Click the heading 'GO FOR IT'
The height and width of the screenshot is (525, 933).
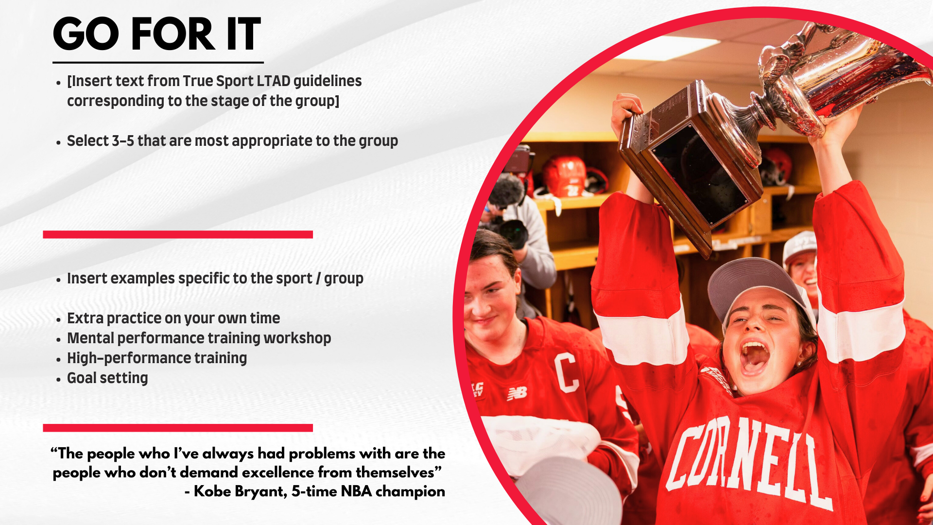pyautogui.click(x=156, y=34)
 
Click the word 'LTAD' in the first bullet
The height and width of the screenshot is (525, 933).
pyautogui.click(x=274, y=81)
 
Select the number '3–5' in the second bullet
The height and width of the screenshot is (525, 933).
pyautogui.click(x=123, y=141)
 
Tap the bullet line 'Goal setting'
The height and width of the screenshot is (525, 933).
pyautogui.click(x=107, y=378)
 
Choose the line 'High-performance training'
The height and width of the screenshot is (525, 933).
pyautogui.click(x=157, y=358)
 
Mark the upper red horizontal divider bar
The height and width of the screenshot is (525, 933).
pyautogui.click(x=178, y=234)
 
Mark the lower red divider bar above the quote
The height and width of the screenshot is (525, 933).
pyautogui.click(x=178, y=428)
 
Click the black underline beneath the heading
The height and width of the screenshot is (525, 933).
pyautogui.click(x=158, y=62)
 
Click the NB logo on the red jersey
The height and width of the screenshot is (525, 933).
pyautogui.click(x=517, y=393)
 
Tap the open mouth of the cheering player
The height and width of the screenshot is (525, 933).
pyautogui.click(x=754, y=358)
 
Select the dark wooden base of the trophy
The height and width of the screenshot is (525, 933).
pyautogui.click(x=690, y=165)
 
